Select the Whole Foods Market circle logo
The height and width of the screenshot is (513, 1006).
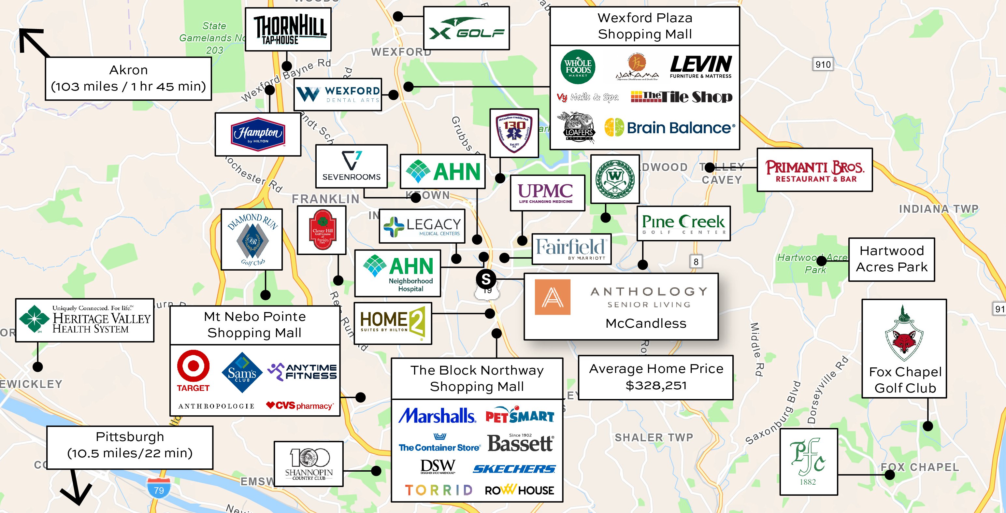[578, 67]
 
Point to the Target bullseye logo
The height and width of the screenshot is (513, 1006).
[193, 366]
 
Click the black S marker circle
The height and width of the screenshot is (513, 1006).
[486, 279]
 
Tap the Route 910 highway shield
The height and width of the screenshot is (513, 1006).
[823, 64]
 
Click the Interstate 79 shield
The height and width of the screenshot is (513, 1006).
[159, 488]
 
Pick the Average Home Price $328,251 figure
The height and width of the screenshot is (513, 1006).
[656, 385]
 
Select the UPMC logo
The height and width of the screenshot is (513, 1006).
[546, 193]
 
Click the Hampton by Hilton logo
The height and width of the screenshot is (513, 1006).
[258, 134]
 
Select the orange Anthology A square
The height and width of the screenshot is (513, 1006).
[552, 297]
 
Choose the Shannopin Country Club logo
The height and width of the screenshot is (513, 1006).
[309, 464]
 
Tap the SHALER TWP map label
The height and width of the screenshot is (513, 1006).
[654, 438]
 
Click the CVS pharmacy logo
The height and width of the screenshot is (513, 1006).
[300, 406]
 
